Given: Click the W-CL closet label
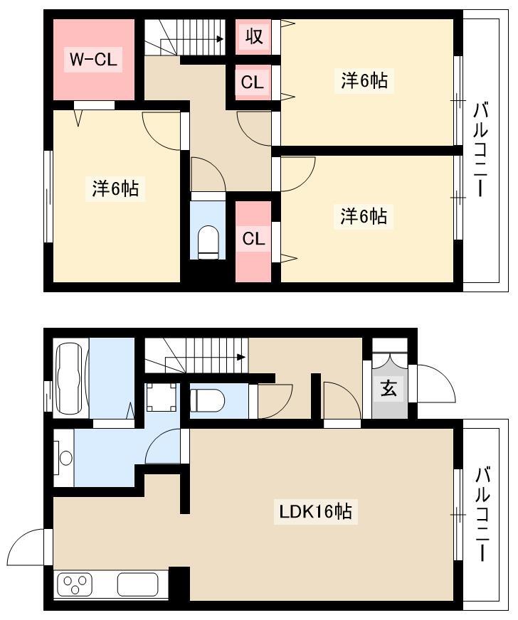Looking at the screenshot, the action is (93, 60).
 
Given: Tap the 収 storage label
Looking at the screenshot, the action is (253, 36).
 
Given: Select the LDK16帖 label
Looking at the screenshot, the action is (316, 512).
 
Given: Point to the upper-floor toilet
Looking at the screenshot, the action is (208, 242).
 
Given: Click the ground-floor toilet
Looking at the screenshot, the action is (207, 400).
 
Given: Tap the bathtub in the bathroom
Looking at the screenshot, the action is (71, 378).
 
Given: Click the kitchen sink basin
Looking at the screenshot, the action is (138, 584).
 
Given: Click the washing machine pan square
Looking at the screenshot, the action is (162, 397).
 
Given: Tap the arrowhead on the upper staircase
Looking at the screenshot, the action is (219, 39).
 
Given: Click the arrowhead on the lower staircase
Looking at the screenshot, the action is (241, 357).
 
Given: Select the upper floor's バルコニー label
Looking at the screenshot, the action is (481, 149).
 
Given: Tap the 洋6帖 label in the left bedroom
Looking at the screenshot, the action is (115, 188).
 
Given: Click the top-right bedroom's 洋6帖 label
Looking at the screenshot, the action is (364, 81).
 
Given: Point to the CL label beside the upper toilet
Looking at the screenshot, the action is (253, 239).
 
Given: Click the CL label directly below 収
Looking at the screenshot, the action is (252, 82).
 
